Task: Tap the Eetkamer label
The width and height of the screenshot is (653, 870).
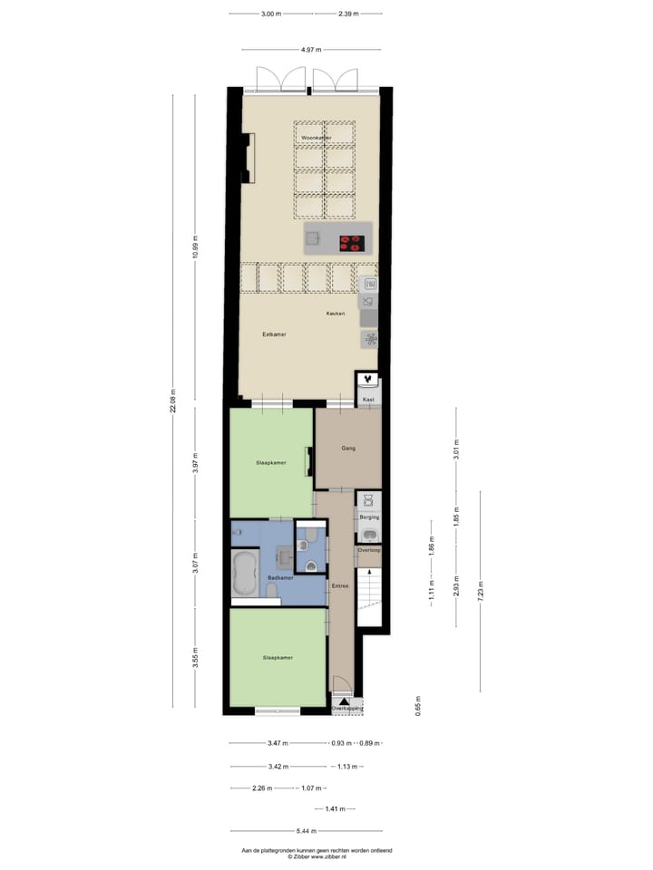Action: point(274,334)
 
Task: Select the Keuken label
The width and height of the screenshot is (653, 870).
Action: point(336,314)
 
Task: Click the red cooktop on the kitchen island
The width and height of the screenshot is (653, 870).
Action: point(351,242)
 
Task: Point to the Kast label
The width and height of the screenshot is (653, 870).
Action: point(368,399)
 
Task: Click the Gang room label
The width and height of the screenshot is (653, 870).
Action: point(347,448)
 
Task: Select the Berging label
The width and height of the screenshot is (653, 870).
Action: point(369,517)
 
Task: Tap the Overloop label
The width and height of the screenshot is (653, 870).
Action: point(369,550)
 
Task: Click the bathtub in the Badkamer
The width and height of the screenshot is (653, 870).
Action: point(245,575)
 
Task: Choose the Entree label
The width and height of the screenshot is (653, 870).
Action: point(340,585)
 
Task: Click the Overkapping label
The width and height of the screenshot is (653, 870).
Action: point(346,709)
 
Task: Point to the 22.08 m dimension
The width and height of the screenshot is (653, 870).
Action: point(174,401)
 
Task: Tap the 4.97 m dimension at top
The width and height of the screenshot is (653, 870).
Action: point(311,50)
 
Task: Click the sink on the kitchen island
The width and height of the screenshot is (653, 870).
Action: point(314,238)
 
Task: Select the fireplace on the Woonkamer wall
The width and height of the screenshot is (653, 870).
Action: point(248,157)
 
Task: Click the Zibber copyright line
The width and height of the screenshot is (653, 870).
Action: point(317,856)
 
